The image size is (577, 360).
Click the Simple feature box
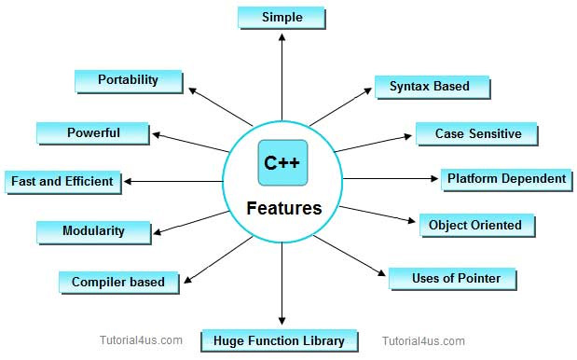282,18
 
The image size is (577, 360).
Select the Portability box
128,80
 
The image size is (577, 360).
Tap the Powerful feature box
92,132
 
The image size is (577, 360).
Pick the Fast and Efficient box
62,181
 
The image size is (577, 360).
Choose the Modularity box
92,230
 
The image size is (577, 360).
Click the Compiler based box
118,282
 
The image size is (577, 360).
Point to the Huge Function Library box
279,340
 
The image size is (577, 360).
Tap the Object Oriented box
475,225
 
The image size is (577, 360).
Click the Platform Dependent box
505,178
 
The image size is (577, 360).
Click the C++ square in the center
282,162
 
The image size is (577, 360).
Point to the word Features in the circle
283,208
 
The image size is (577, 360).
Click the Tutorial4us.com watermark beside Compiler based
141,341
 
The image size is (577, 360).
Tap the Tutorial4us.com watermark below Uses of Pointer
423,341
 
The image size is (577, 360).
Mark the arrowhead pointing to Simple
282,40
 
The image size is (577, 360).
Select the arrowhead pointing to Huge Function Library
282,319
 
